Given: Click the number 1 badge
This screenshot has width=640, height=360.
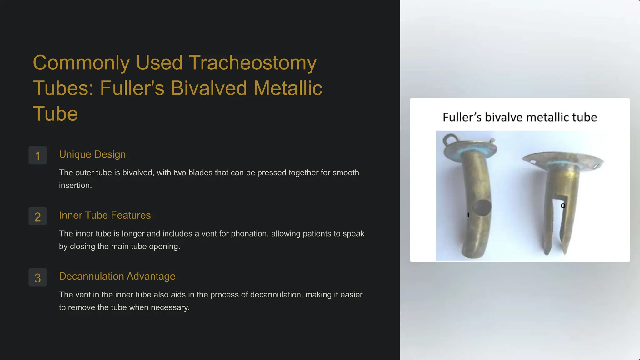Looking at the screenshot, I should click(37, 155).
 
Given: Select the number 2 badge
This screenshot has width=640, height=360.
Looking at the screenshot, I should click(37, 216).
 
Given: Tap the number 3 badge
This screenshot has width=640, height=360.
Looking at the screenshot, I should click(37, 277).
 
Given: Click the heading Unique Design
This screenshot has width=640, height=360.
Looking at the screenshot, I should click(92, 154).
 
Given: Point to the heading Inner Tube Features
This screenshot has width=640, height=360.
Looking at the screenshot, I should click(105, 215).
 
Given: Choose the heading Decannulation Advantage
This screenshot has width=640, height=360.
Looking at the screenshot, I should click(117, 276).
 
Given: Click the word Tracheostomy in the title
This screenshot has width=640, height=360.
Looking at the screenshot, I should click(252, 62).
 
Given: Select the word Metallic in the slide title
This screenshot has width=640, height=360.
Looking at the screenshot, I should click(287, 88).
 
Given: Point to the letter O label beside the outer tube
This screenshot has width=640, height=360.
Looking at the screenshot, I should click(563, 206).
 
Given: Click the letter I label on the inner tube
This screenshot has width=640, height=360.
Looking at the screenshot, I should click(468, 215).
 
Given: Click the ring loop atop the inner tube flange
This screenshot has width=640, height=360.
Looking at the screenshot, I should click(450, 139).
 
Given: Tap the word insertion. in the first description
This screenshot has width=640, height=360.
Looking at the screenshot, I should click(75, 185).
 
